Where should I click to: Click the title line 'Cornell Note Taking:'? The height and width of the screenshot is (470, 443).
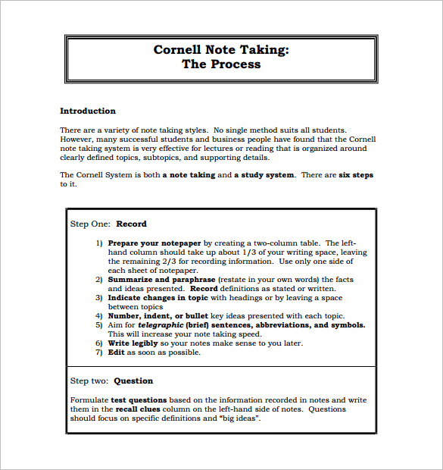click(x=221, y=50)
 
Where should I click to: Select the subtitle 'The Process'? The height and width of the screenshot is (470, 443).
click(x=221, y=64)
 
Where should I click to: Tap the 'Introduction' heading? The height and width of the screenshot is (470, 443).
click(x=88, y=111)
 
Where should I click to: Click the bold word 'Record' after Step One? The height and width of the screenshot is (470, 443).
click(x=131, y=224)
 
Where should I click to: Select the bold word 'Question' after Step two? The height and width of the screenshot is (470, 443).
click(x=134, y=381)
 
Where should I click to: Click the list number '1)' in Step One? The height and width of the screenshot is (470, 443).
click(x=99, y=243)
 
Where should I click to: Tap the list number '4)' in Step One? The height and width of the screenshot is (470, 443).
click(x=99, y=316)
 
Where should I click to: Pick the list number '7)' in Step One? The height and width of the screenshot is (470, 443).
click(x=99, y=352)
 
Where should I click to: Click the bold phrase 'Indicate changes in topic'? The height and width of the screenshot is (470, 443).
click(x=158, y=298)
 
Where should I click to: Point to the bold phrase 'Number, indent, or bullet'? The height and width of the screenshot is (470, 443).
click(x=157, y=316)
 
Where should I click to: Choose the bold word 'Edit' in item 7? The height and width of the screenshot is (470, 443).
click(x=116, y=352)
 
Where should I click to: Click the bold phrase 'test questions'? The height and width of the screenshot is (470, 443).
click(x=139, y=399)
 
